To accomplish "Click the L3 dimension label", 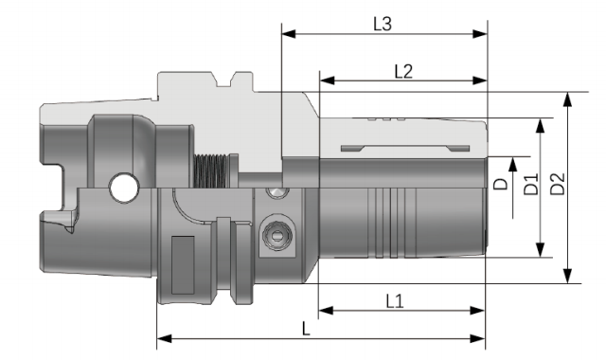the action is click(383, 24).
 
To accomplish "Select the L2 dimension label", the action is click(403, 72).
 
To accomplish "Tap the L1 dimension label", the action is click(395, 301).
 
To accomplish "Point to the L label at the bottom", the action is click(306, 329).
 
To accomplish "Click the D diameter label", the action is click(501, 184).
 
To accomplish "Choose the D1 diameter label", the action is click(531, 184).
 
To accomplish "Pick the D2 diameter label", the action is click(558, 184).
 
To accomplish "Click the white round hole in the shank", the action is click(124, 189).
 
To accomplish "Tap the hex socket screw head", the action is click(277, 235).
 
